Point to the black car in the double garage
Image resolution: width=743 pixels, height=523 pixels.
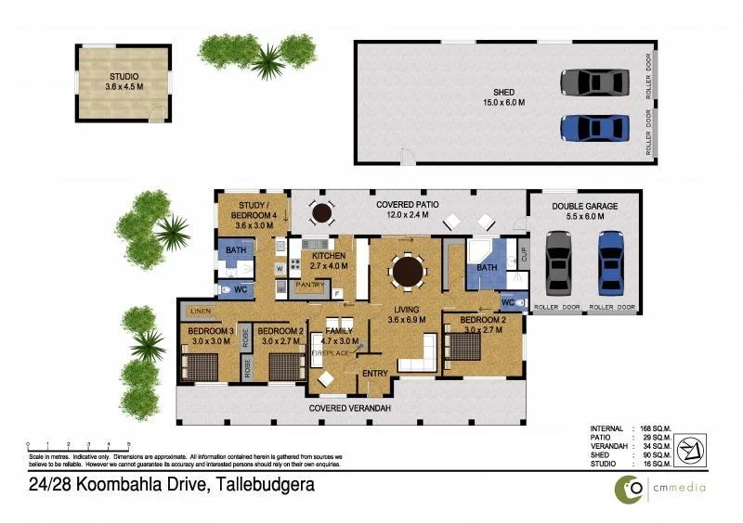(558, 261)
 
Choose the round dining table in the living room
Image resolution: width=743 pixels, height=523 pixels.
(408, 273)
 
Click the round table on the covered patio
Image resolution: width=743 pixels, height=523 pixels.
(321, 213)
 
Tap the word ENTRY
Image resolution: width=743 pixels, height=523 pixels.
(375, 373)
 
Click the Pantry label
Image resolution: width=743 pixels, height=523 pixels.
(307, 287)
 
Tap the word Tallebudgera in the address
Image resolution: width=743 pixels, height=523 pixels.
(267, 484)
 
